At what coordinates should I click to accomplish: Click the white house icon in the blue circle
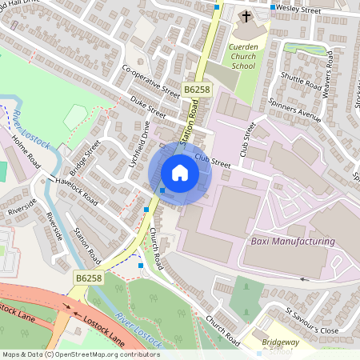pos(180,172)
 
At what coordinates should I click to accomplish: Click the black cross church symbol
pos(246,16)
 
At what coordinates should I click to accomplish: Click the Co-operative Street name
pos(150,81)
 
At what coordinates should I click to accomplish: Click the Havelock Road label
pos(78,190)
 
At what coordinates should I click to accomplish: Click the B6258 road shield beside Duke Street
pos(195,90)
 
